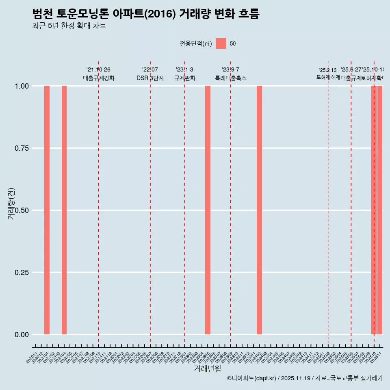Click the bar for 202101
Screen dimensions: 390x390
47,210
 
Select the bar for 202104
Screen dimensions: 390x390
64,210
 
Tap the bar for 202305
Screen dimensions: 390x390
208,210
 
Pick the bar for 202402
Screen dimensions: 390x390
259,210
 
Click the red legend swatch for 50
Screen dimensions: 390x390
221,43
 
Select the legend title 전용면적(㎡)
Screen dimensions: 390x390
196,43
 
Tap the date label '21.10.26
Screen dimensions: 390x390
98,70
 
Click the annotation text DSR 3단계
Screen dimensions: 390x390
150,78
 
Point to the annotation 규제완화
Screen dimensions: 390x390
185,78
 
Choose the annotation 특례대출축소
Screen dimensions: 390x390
231,78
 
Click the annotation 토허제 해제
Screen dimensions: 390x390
328,77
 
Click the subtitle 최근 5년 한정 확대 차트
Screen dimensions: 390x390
69,26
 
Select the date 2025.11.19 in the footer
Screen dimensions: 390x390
295,379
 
